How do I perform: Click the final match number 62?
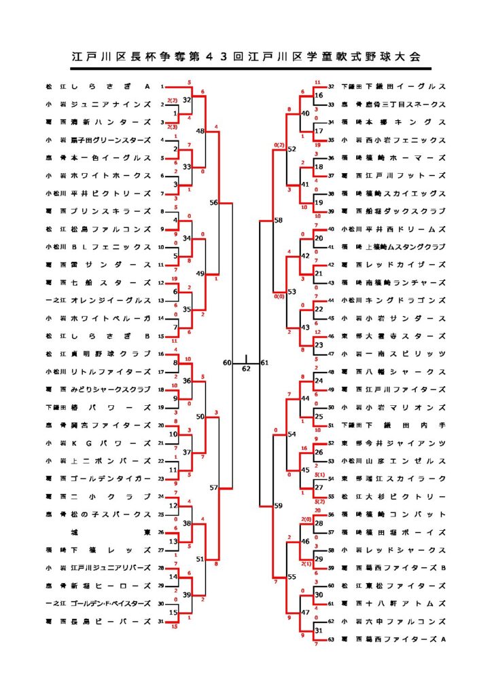pos(246,369)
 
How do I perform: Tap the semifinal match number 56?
pos(214,202)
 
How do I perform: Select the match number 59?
pos(277,506)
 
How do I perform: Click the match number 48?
pos(200,131)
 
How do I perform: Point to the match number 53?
pos(292,291)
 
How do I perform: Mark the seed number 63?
pos(332,639)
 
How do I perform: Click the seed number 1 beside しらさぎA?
pos(162,87)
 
